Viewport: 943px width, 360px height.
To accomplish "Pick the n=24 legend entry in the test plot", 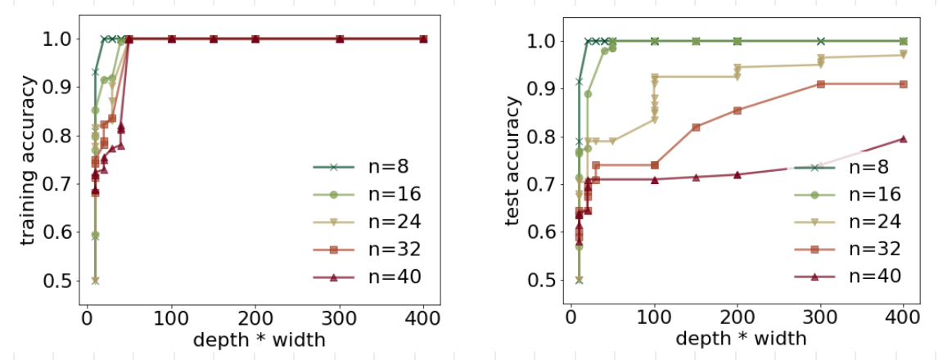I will coord(847,221).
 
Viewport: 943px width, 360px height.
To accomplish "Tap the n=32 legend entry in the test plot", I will coord(847,249).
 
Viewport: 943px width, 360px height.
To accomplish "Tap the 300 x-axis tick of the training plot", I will coord(340,317).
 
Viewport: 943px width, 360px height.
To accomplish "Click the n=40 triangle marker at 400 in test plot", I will coord(904,138).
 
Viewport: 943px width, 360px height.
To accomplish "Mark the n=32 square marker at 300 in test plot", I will coord(820,83).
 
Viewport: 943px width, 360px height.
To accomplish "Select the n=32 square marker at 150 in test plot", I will coord(696,127).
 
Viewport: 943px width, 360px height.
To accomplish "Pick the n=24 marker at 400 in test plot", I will coord(904,55).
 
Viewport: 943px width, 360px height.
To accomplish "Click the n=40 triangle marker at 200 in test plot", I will coord(738,174).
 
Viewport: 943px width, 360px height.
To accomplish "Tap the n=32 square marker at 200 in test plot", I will coord(738,110).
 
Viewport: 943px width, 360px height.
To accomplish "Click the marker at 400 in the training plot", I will coord(423,38).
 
